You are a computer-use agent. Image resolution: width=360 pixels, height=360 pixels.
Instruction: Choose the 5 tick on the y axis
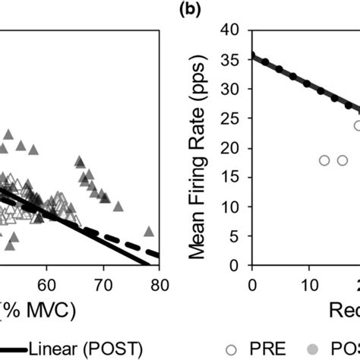[x=240, y=236]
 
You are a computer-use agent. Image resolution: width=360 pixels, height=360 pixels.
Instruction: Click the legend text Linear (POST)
[x=74, y=349]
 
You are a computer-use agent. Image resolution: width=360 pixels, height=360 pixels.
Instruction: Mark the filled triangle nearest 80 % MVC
[x=150, y=231]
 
